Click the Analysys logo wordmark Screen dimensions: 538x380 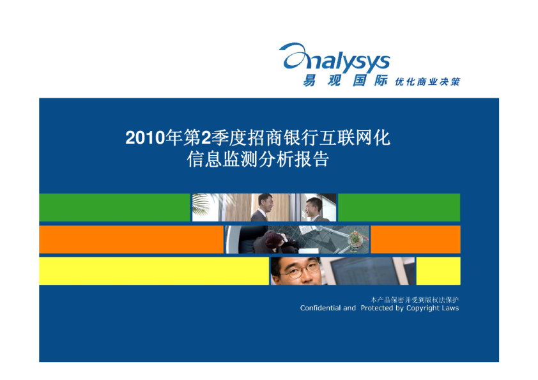click(335, 58)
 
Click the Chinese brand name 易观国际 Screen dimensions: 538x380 click(345, 80)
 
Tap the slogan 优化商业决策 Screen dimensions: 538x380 click(427, 82)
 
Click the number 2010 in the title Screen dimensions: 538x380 click(145, 138)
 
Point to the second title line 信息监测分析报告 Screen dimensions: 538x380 click(257, 159)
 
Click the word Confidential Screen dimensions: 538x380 click(321, 308)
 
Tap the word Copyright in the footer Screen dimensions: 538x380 click(423, 308)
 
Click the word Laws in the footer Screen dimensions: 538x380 click(450, 308)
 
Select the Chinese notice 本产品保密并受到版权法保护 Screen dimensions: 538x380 click(415, 300)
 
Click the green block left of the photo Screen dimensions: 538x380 click(114, 208)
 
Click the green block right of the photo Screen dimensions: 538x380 click(399, 208)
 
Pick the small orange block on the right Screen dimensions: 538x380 click(415, 239)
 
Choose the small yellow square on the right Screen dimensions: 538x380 click(438, 271)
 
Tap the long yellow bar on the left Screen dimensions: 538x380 click(154, 271)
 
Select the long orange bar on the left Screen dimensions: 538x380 click(132, 239)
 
